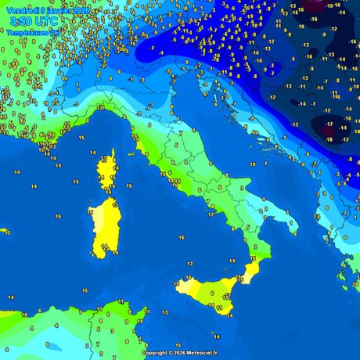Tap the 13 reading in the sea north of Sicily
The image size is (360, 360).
pos(189,265)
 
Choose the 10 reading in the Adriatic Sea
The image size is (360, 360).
pos(253,164)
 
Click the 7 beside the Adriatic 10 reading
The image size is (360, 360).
pos(265,164)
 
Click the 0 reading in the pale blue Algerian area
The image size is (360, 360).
pos(48,344)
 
